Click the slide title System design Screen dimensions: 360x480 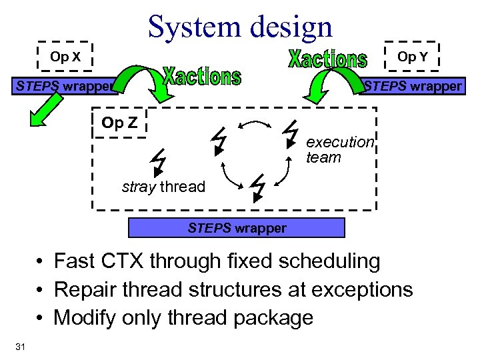click(240, 27)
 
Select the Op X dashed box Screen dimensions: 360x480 click(65, 57)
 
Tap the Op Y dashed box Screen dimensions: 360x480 click(412, 57)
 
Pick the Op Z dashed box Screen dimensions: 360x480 click(119, 123)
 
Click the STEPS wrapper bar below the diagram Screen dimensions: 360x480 click(237, 228)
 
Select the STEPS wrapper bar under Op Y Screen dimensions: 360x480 click(413, 86)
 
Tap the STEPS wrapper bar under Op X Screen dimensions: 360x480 click(63, 86)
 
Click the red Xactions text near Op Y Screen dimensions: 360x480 click(327, 59)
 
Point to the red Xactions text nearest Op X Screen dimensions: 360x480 click(202, 77)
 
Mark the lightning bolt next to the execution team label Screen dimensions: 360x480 click(290, 133)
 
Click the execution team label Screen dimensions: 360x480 click(340, 150)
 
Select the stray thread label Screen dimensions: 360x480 click(163, 187)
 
